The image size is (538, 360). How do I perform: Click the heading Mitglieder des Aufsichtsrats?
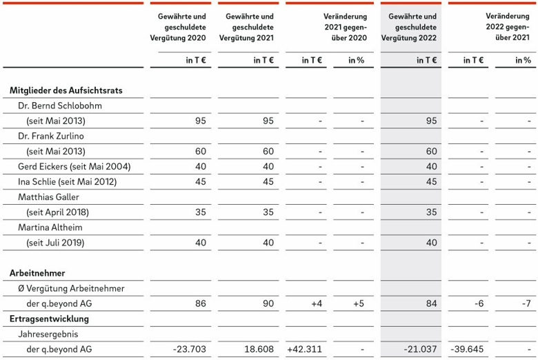(66, 90)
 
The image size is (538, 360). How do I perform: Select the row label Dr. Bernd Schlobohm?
(60, 106)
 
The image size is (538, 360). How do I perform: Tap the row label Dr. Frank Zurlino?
(51, 137)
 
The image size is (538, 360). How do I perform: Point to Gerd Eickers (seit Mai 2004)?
(74, 167)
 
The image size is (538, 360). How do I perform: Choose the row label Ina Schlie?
(68, 182)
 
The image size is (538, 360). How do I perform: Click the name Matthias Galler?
(48, 197)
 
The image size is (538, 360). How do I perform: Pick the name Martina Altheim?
(50, 228)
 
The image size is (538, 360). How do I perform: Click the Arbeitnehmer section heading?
(37, 273)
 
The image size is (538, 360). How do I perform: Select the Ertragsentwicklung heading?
(49, 319)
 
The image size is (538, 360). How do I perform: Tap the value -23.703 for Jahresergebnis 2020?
(190, 350)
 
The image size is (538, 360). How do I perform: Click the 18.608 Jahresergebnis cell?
(259, 350)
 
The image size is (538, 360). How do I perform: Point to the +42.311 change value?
(305, 350)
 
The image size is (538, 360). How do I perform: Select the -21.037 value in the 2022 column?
(420, 350)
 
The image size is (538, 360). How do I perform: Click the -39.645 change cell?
(467, 350)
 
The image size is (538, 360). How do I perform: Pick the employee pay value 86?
(201, 303)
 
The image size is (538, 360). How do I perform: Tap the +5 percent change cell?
(359, 303)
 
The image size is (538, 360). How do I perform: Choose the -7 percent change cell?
(526, 303)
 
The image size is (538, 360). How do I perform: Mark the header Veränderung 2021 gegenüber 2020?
(345, 27)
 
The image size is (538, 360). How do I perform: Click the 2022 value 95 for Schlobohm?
(431, 121)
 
